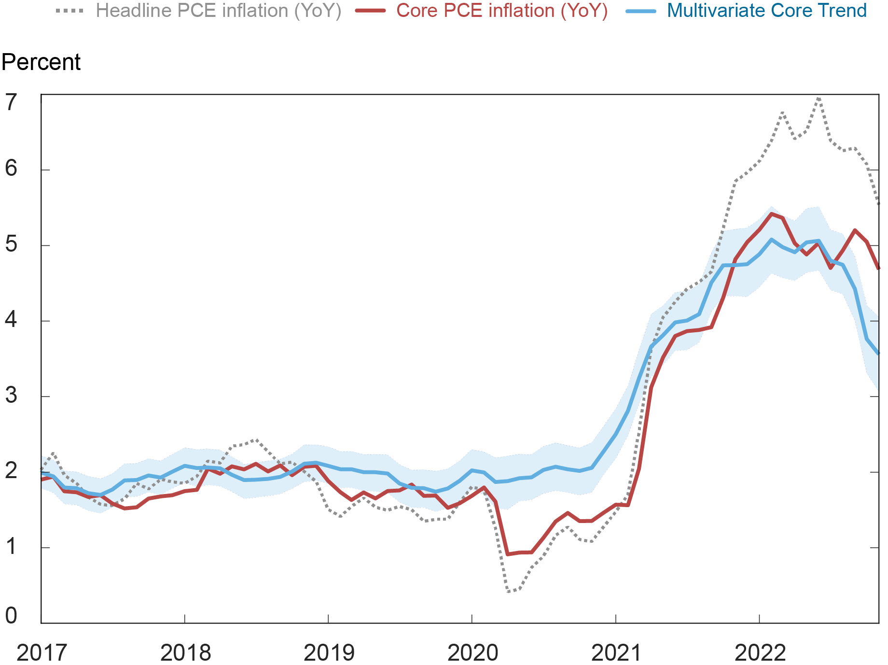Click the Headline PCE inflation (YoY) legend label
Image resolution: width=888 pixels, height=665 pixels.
tap(218, 11)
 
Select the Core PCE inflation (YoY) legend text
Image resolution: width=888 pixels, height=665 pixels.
tap(502, 11)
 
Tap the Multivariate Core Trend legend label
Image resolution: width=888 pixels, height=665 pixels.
tap(767, 11)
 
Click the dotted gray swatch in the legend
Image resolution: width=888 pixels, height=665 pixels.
tap(70, 11)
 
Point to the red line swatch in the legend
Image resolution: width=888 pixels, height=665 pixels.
tap(370, 11)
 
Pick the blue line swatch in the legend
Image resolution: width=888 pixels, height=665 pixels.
tap(641, 11)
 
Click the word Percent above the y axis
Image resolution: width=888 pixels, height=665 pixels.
tap(41, 63)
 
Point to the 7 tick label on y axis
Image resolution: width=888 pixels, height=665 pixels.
tap(11, 102)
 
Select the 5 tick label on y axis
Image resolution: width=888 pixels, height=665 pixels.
tap(11, 244)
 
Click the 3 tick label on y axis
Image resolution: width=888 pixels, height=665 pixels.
tap(11, 396)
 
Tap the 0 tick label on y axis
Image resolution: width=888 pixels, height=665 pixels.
tap(11, 616)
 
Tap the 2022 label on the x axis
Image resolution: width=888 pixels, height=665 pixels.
tap(760, 653)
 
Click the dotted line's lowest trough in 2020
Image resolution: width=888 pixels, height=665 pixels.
tap(508, 592)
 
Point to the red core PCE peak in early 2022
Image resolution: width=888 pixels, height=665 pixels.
tap(771, 213)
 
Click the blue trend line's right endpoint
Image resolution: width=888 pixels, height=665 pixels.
tap(878, 353)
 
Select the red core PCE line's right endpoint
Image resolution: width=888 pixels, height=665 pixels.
tap(878, 267)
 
